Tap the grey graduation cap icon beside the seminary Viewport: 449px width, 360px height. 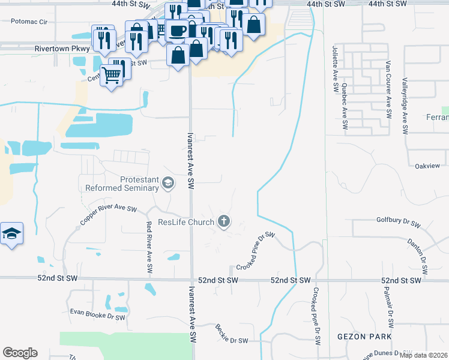(169, 184)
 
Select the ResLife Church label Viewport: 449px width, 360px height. (185, 223)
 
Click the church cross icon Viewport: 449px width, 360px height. (224, 222)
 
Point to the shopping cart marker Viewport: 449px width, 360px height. (111, 74)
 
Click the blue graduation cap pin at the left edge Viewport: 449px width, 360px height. (11, 233)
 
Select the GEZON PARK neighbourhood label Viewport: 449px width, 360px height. (364, 337)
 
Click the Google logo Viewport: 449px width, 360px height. (20, 353)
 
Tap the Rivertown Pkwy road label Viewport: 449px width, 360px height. (62, 49)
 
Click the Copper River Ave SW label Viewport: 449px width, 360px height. (109, 215)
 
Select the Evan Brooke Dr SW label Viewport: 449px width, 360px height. (97, 314)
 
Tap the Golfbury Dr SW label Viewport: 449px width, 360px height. (397, 221)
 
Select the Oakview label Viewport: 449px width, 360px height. (429, 165)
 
